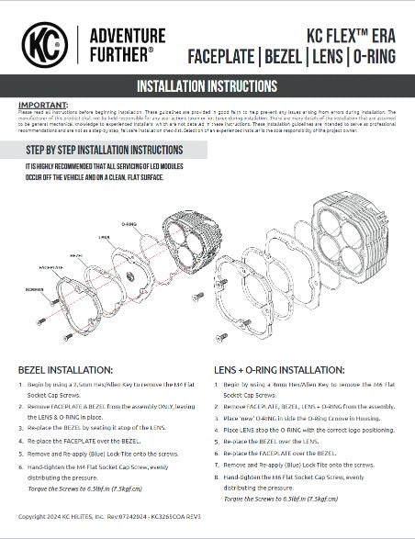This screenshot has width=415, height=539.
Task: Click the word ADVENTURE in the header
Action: tap(117, 32)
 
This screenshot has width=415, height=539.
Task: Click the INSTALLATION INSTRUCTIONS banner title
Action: tap(207, 87)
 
